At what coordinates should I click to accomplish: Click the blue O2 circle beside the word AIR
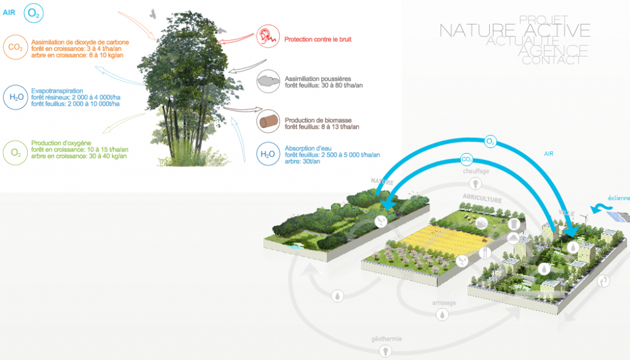pyautogui.click(x=34, y=12)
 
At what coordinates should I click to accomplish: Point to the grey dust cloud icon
pyautogui.click(x=267, y=80)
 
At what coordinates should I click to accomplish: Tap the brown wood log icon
pyautogui.click(x=267, y=121)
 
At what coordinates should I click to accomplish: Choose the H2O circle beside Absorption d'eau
pyautogui.click(x=267, y=154)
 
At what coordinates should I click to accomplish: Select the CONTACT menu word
pyautogui.click(x=551, y=60)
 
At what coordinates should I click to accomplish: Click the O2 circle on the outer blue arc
pyautogui.click(x=490, y=142)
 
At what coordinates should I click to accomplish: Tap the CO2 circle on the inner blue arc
pyautogui.click(x=467, y=161)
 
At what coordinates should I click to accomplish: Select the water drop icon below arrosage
pyautogui.click(x=442, y=315)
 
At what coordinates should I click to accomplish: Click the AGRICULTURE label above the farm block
pyautogui.click(x=483, y=200)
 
